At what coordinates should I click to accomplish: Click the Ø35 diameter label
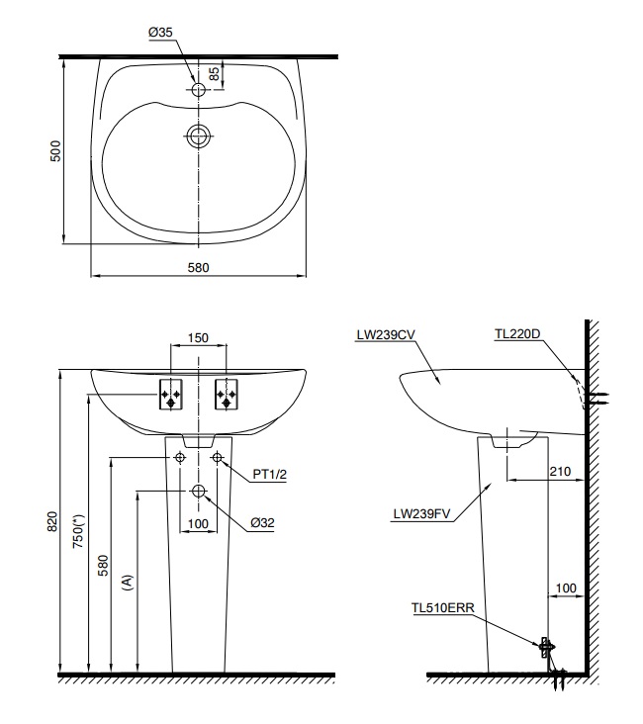[161, 33]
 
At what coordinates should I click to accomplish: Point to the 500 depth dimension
[56, 150]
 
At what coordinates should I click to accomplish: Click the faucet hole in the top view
[198, 89]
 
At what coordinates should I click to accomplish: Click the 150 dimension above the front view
[198, 338]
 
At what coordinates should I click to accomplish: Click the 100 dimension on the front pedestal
[198, 524]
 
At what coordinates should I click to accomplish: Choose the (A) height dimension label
[127, 584]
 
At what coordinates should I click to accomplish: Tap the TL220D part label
[517, 334]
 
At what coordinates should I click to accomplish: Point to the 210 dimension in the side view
[559, 473]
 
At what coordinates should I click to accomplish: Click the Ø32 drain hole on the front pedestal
[198, 492]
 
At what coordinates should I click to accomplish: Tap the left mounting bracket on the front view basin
[171, 394]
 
